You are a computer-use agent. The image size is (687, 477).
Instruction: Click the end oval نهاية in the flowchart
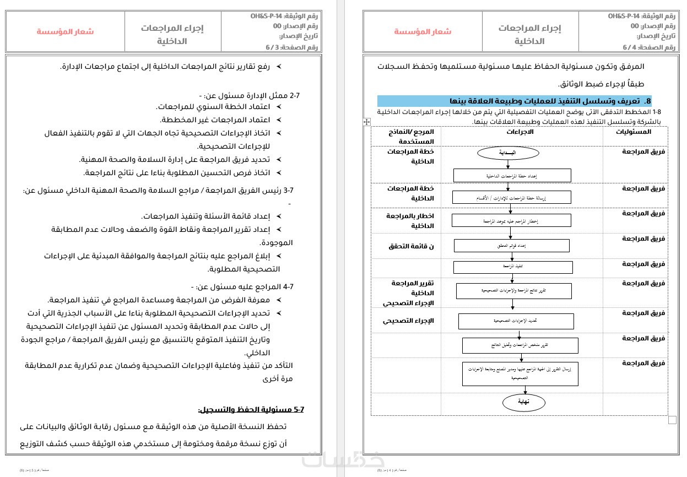(x=523, y=402)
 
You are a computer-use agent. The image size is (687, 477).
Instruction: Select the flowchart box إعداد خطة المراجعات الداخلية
(x=512, y=176)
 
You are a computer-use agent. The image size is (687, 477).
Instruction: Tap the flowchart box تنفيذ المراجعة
(x=512, y=267)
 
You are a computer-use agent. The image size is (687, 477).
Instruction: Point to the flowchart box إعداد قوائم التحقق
(x=511, y=246)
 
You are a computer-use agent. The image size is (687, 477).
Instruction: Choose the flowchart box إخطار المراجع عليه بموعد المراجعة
(x=511, y=220)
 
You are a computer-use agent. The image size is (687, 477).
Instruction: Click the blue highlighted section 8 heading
(x=516, y=101)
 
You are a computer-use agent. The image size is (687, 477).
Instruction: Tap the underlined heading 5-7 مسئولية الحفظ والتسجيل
(x=251, y=410)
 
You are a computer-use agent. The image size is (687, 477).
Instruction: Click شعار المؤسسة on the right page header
(x=423, y=31)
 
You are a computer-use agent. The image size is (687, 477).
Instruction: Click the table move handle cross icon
(x=367, y=122)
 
